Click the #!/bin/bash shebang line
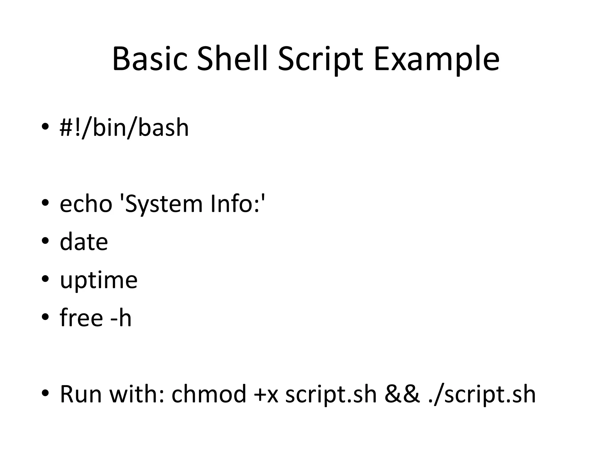point(124,128)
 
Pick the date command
point(84,242)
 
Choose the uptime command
point(99,280)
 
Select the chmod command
point(209,394)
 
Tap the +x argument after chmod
point(266,394)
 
